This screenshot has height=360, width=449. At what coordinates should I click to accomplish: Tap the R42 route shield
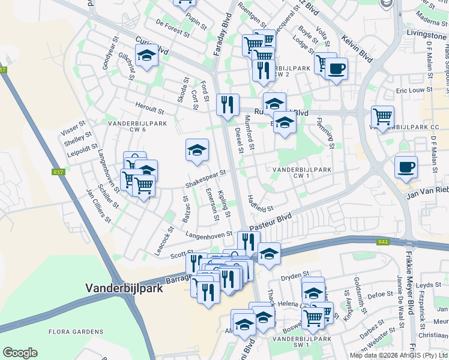click(x=382, y=242)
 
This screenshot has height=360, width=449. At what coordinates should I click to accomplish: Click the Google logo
click(x=20, y=353)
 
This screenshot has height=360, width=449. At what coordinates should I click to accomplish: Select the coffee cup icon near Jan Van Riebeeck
click(x=406, y=166)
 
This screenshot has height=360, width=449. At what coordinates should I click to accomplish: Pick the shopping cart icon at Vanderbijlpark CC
click(x=382, y=116)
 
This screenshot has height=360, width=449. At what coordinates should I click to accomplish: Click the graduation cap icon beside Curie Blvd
click(x=146, y=55)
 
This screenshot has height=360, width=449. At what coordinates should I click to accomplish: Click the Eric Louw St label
click(x=411, y=90)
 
